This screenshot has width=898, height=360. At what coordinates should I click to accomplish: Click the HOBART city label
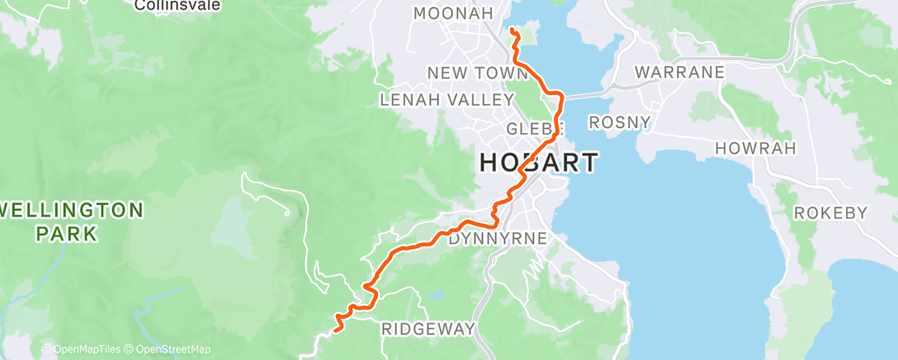[x=539, y=163]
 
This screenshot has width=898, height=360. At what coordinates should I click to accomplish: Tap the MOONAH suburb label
[x=453, y=13]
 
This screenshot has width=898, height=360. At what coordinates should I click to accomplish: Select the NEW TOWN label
[x=465, y=73]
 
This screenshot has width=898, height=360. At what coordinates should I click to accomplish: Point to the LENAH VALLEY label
[x=447, y=100]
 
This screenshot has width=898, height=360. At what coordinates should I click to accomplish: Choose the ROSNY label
[x=619, y=123]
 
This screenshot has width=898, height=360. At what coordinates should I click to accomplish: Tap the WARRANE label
[x=679, y=72]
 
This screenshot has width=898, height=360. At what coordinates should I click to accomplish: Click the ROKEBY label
[x=830, y=213]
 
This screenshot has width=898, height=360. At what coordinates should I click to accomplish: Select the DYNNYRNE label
[x=498, y=239]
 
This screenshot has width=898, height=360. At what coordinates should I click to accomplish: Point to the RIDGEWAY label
[x=428, y=329]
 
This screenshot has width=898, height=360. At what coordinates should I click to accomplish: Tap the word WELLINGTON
[x=73, y=210]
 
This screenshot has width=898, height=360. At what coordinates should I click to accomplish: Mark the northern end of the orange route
[x=512, y=31]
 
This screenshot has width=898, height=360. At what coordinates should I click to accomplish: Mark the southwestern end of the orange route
[x=335, y=332]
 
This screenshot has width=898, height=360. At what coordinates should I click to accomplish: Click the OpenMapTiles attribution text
[x=85, y=349]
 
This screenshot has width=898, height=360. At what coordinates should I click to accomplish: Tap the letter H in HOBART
[x=489, y=163]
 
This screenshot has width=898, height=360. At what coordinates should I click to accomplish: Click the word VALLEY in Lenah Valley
[x=479, y=100]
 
